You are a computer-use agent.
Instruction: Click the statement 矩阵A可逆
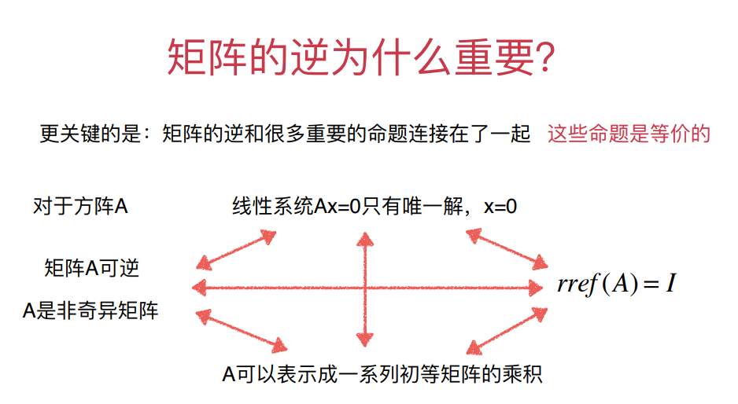92,268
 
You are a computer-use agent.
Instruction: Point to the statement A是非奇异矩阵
90,310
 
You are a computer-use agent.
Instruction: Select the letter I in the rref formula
669,285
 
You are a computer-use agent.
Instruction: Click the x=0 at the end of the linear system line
500,207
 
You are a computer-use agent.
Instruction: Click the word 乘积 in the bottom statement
523,373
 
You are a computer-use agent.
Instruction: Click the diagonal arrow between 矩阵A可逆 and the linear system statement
236,250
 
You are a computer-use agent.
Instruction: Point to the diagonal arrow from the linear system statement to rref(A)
507,248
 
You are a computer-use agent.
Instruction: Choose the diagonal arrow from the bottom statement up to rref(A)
507,329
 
